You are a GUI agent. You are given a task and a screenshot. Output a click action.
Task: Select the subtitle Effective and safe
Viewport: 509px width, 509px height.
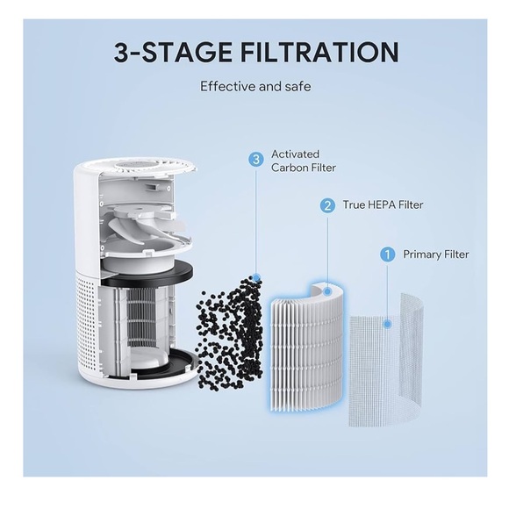point(255,87)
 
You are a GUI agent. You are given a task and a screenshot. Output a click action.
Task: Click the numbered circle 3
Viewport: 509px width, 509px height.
point(256,160)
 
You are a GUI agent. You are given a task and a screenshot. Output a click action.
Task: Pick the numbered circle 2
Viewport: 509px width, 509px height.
point(327,205)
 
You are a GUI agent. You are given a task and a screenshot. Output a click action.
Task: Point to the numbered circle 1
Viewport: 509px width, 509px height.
point(386,254)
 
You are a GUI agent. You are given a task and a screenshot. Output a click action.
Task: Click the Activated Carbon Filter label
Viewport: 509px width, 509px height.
point(303,161)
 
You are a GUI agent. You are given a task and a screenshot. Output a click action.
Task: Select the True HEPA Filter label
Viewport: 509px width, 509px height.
point(384,205)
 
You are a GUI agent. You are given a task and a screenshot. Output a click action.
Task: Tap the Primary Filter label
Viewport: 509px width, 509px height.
point(435,254)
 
